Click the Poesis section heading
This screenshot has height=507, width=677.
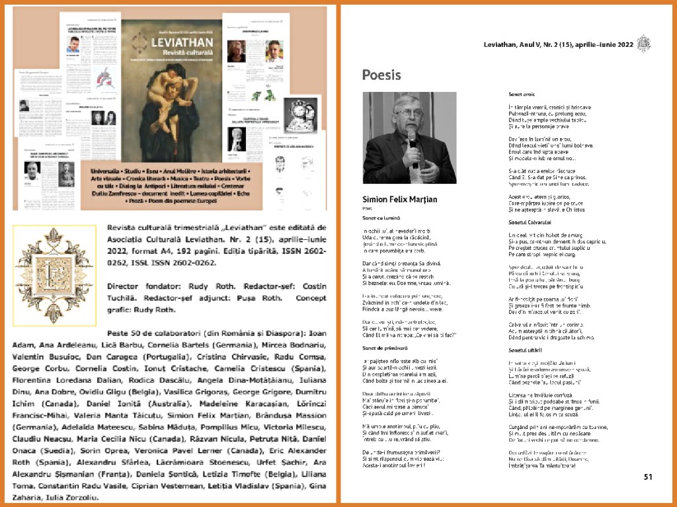point(381,75)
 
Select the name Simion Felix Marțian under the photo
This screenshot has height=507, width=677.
point(399,199)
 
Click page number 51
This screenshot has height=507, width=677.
point(648,476)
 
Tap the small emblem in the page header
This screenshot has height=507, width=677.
point(643,44)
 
